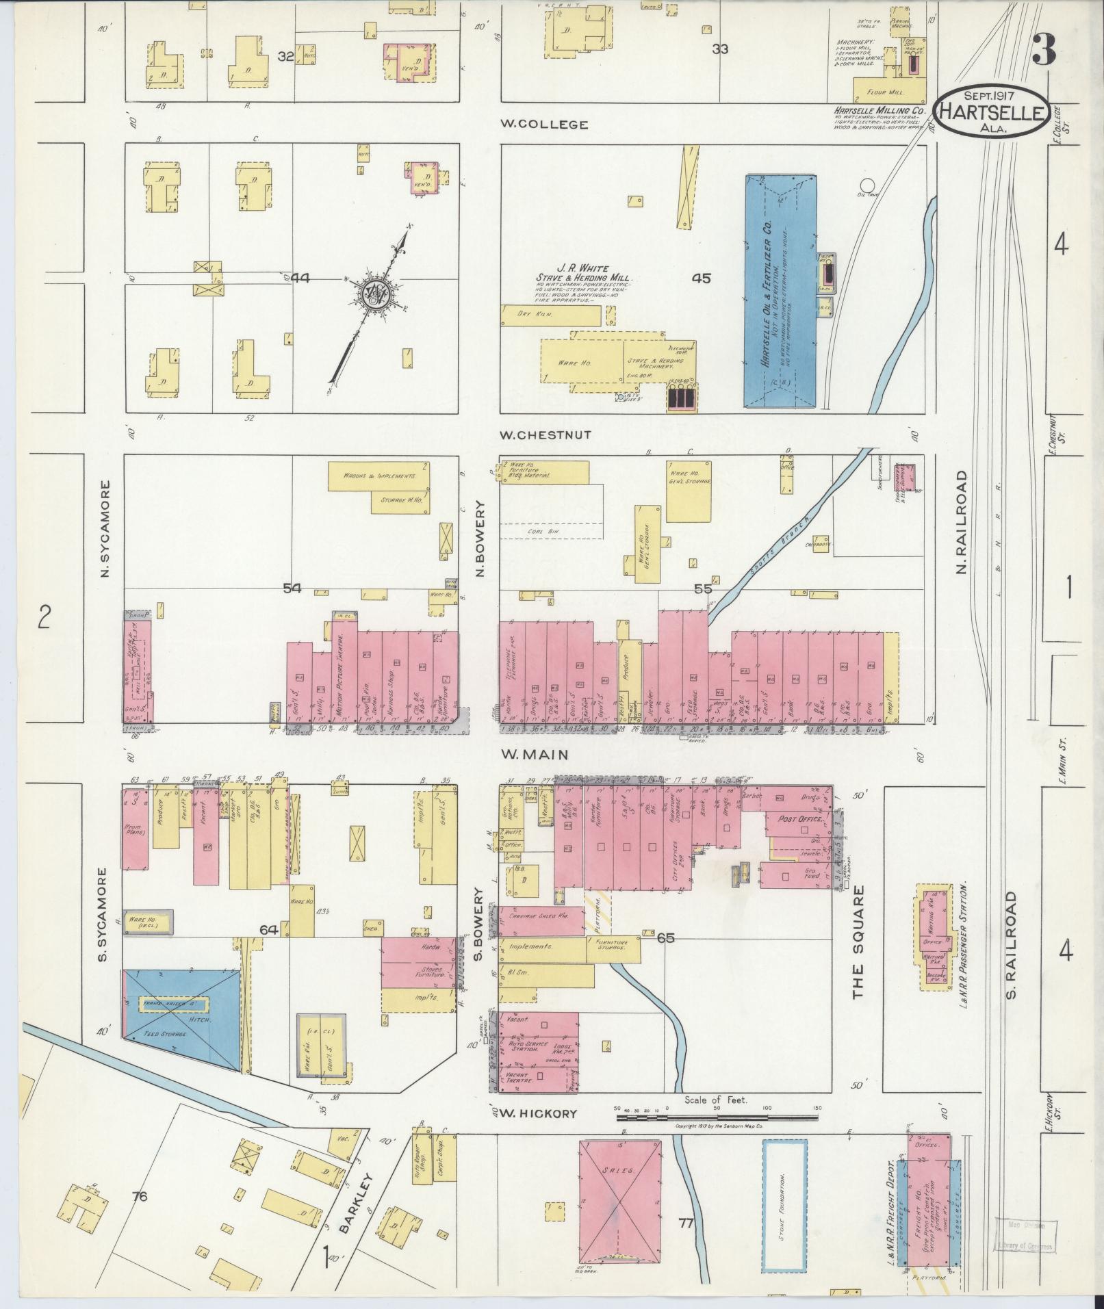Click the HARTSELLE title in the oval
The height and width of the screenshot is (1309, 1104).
click(x=992, y=112)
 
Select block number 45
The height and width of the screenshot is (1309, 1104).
click(x=701, y=278)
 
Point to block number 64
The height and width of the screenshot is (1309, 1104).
click(x=268, y=929)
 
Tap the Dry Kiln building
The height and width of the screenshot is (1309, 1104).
click(x=551, y=314)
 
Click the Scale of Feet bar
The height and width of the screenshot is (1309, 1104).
click(x=717, y=1118)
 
